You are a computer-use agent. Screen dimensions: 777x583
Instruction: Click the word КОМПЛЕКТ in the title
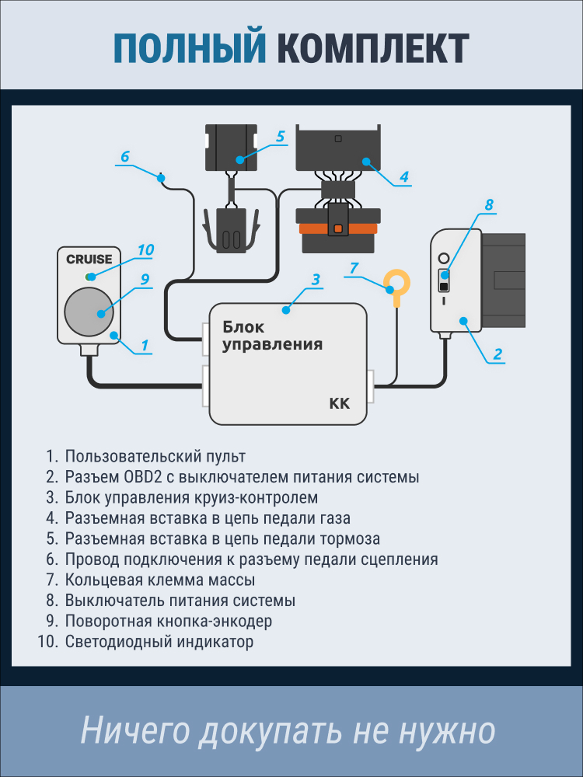tap(373, 48)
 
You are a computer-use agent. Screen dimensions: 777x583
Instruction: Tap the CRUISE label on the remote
tap(89, 260)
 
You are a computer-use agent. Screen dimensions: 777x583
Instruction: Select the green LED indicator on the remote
tap(91, 277)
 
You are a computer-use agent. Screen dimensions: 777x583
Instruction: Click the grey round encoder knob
tap(89, 312)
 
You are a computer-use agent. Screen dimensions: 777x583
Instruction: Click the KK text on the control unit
tap(340, 403)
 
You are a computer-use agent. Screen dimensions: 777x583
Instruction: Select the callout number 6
tap(124, 156)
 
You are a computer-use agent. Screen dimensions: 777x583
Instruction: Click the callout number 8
tap(489, 205)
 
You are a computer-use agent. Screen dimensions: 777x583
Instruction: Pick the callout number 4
tap(403, 176)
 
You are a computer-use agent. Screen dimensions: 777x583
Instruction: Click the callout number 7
tap(354, 268)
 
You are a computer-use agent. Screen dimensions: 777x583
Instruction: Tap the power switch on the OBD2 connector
tap(444, 280)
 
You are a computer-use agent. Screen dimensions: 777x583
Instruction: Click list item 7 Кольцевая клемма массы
tap(160, 580)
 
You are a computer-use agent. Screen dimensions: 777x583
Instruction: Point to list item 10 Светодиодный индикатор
tap(159, 642)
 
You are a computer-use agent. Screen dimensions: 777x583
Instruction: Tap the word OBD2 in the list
tap(142, 476)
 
